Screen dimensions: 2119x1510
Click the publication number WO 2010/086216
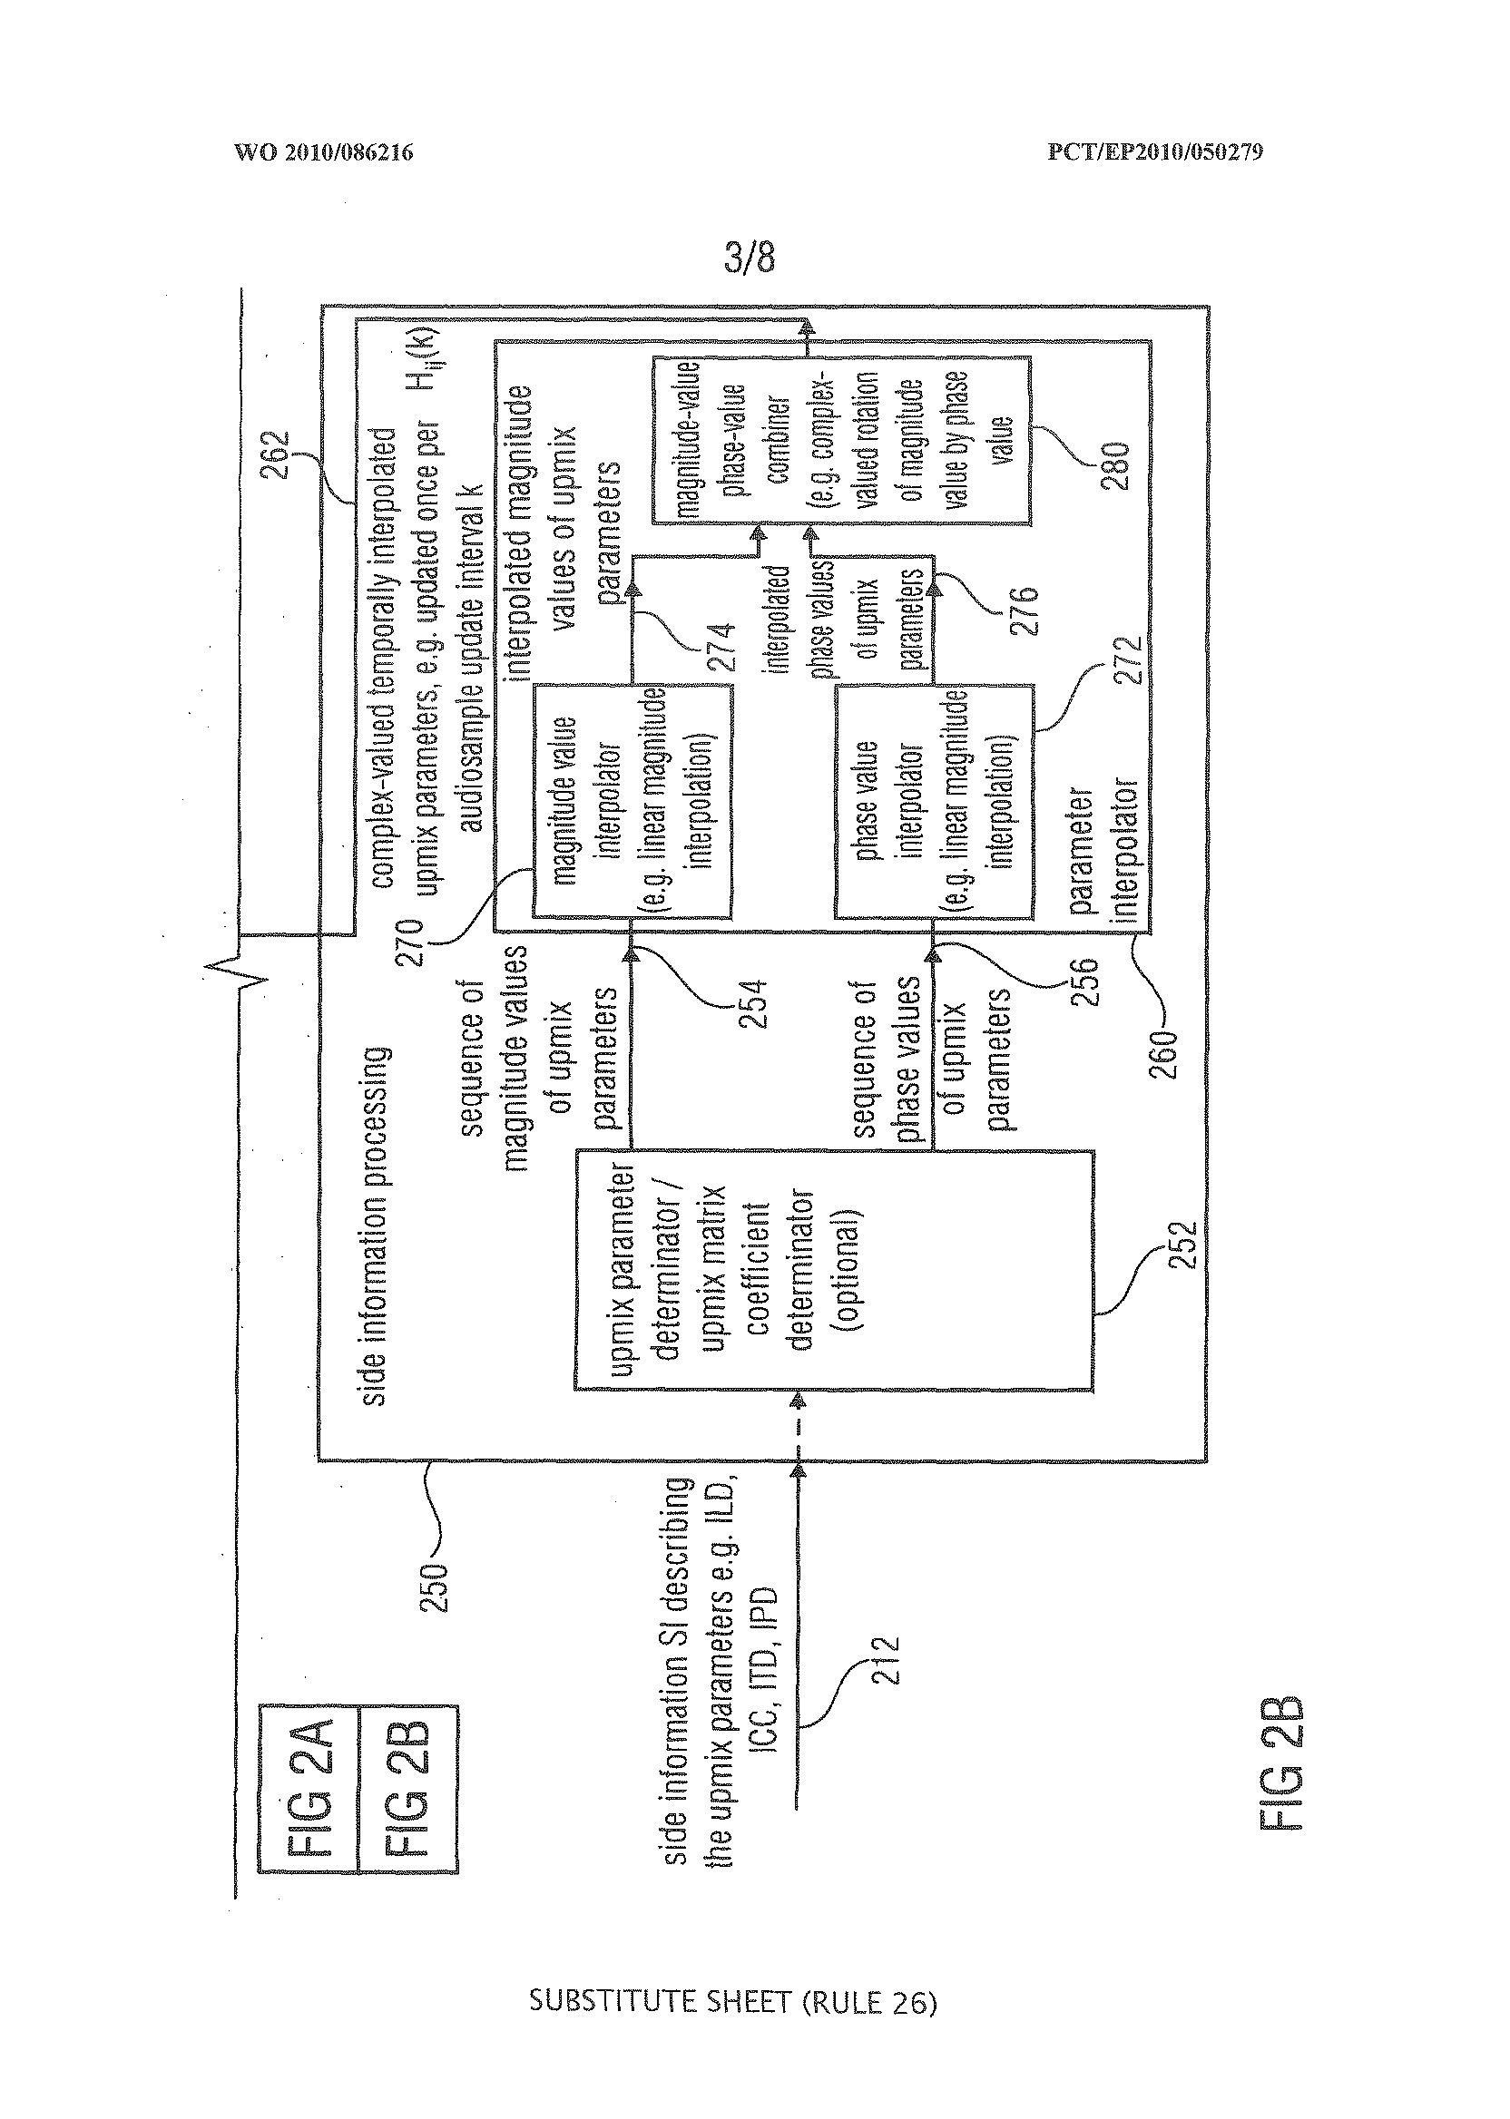(324, 151)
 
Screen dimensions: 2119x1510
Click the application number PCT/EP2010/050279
(1155, 151)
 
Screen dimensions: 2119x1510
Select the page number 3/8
(749, 259)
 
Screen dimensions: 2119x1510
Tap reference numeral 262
(275, 454)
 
